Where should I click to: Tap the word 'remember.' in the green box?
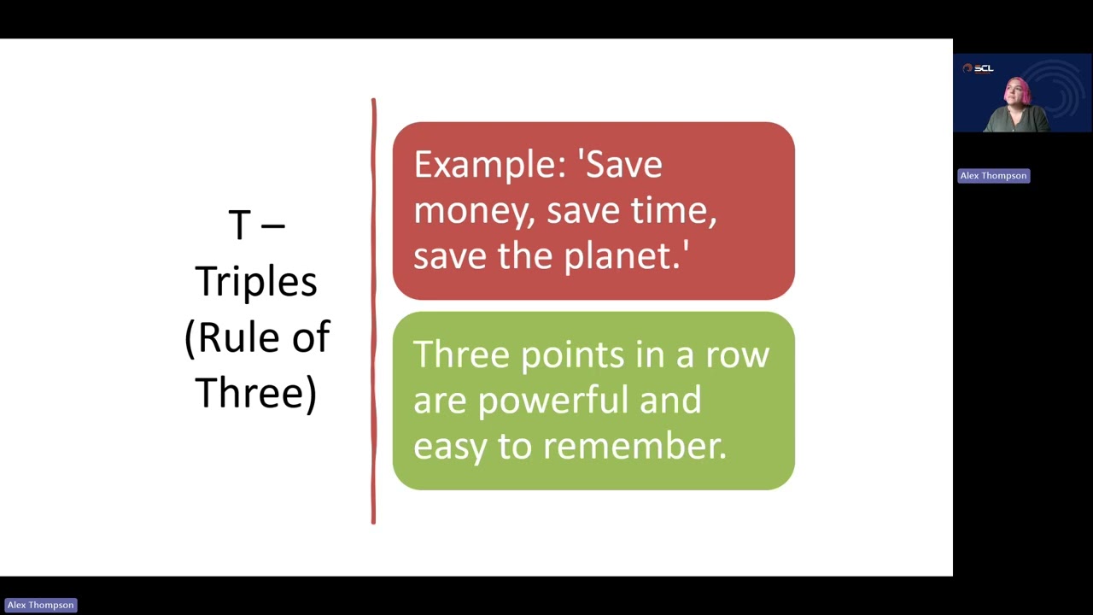tap(634, 446)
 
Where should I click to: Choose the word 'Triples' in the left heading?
tap(256, 282)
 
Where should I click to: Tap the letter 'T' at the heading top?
tap(239, 225)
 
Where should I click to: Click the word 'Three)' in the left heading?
tap(256, 393)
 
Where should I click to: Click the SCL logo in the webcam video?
tap(979, 68)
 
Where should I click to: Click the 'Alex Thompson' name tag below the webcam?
tap(993, 176)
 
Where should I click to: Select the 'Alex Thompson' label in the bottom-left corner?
tap(40, 605)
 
